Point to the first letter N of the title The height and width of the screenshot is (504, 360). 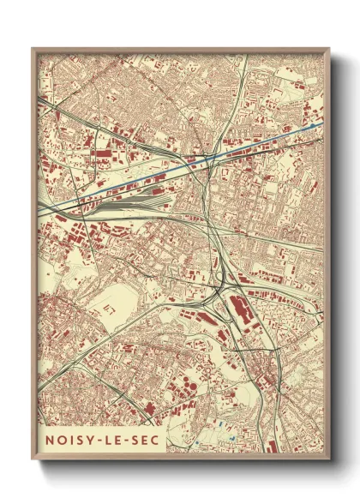click(49, 440)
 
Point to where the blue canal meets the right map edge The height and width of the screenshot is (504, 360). click(321, 123)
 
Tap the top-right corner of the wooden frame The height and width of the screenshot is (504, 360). click(328, 49)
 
